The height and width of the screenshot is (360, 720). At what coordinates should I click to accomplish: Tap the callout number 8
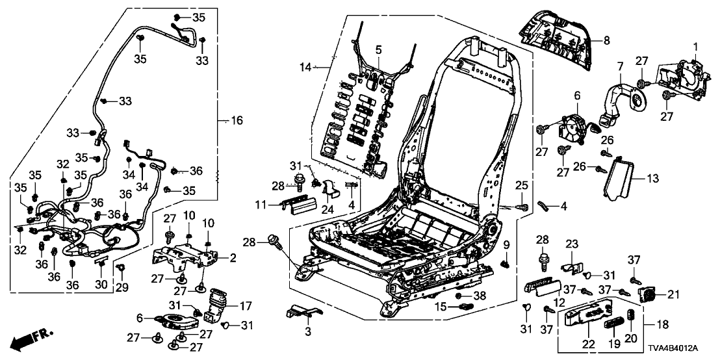click(x=606, y=40)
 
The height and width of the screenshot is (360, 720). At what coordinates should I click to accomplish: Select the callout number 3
click(x=308, y=332)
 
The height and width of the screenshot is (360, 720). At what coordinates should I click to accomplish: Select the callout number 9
click(x=506, y=245)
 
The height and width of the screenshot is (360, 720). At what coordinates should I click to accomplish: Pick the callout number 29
click(x=123, y=287)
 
